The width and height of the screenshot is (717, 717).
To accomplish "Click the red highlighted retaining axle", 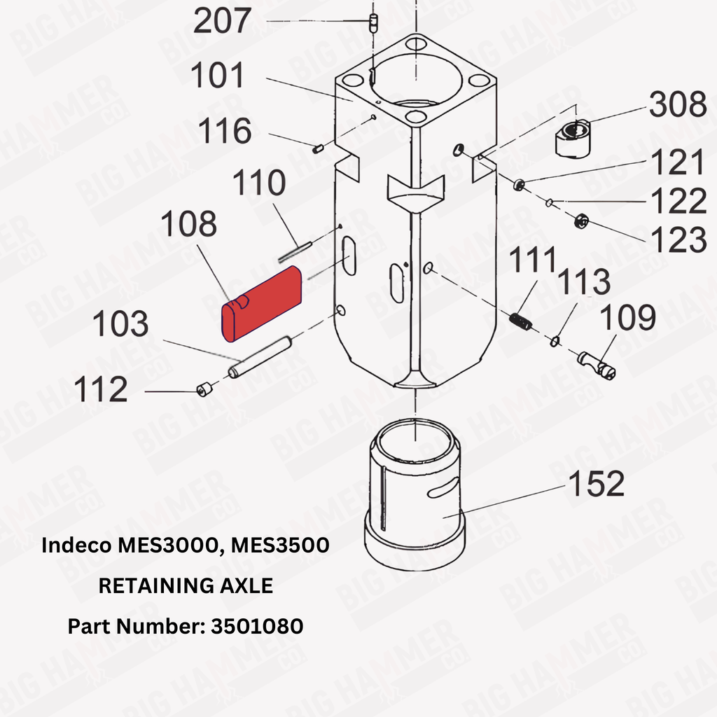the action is [x=262, y=303].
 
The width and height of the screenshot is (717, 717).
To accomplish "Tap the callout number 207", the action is [x=222, y=21].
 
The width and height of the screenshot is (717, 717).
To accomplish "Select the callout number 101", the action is [x=218, y=76].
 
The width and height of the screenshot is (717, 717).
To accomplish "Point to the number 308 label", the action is [x=678, y=104].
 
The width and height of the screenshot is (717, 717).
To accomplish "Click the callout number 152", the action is [x=597, y=483].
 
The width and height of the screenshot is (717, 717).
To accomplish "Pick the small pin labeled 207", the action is [x=374, y=23].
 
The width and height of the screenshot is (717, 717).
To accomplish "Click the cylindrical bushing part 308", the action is [x=573, y=139].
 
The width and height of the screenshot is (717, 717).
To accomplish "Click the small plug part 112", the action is [x=204, y=389].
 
